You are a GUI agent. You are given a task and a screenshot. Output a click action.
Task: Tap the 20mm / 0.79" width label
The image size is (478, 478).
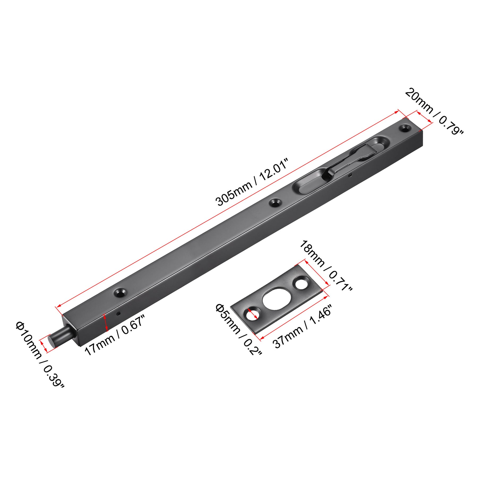tap(434, 112)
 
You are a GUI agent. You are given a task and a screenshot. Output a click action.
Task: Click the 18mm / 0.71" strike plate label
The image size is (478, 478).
tap(326, 266)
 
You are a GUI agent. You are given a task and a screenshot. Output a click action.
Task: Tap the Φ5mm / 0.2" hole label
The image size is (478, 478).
tap(238, 330)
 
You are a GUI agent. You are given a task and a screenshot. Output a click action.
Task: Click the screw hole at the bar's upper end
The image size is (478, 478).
tap(405, 128)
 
